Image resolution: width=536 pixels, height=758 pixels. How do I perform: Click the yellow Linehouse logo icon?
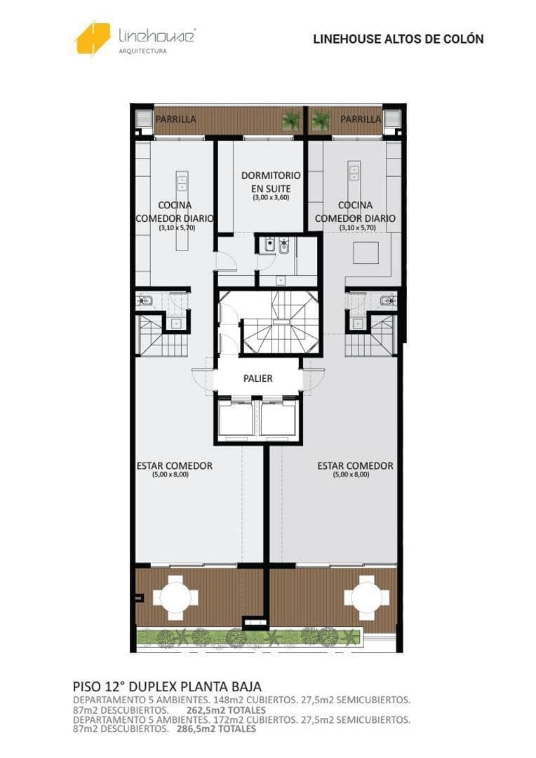[93, 38]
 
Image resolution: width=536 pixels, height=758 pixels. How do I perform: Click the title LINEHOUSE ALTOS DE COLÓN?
[398, 39]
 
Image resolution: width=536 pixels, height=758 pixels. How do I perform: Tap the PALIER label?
[258, 378]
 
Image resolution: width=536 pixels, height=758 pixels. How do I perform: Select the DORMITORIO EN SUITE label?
[271, 182]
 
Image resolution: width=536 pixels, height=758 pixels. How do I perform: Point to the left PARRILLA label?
[176, 119]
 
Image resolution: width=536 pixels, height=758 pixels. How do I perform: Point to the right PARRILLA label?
[361, 119]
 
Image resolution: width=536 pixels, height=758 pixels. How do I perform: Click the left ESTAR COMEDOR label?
[175, 466]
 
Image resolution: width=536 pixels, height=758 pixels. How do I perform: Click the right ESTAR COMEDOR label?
[355, 466]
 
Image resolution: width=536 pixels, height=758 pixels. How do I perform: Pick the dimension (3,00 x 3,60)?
[271, 198]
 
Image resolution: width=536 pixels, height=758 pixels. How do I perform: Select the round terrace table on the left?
[176, 598]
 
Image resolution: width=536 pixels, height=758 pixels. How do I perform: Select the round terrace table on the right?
[367, 598]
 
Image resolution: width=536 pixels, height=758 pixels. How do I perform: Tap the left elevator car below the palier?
[235, 418]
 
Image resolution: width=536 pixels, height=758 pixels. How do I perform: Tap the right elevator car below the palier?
[278, 418]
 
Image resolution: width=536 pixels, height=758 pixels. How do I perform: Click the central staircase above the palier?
[281, 322]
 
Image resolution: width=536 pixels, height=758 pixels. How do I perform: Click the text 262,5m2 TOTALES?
[226, 710]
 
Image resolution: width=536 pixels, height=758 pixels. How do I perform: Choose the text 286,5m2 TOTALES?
[213, 729]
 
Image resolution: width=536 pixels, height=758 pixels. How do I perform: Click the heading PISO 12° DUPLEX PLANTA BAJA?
[167, 686]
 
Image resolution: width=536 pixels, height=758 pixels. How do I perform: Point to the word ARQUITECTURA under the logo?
[142, 51]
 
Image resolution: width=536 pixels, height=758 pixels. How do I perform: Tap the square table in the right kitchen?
[366, 253]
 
